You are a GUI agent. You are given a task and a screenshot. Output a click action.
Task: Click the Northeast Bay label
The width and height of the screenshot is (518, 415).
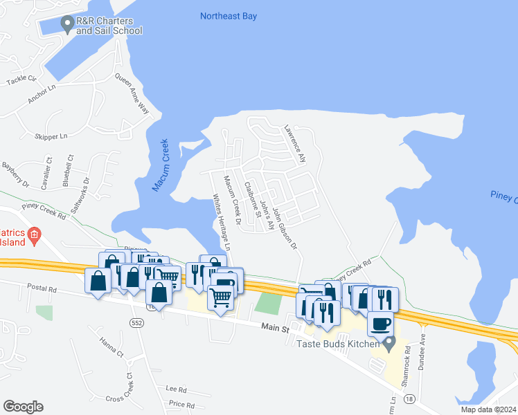(x=228, y=15)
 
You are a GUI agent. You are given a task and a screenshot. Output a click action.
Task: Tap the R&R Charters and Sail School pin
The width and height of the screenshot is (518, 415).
(x=67, y=25)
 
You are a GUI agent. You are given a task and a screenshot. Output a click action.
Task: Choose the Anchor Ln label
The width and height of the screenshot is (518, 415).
(x=42, y=95)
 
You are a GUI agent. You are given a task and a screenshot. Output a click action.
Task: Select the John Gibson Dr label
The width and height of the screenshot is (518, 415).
(x=285, y=228)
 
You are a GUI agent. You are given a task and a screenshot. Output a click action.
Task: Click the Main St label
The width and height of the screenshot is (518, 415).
(x=275, y=329)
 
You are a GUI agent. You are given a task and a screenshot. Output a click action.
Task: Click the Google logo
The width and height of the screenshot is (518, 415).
(x=24, y=407)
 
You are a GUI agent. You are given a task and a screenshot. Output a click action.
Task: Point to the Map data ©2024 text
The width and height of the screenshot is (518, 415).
(x=488, y=409)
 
